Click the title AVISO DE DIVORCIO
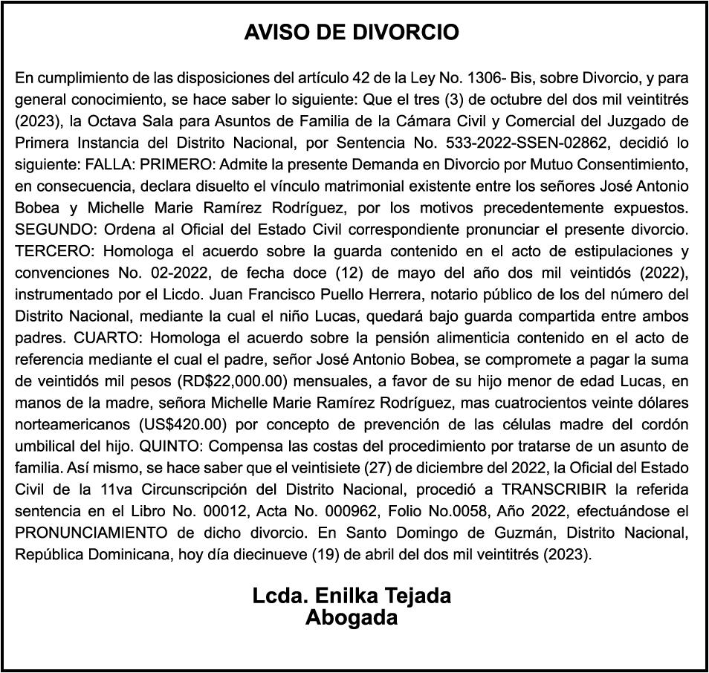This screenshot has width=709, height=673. coord(352,33)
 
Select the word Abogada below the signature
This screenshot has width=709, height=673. coord(352,617)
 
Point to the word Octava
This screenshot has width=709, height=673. coord(119,120)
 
